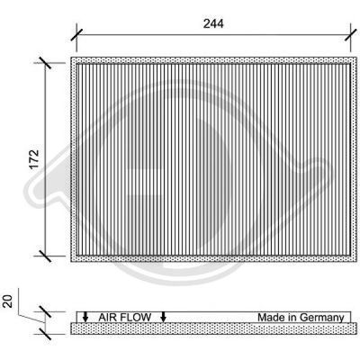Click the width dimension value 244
tap(213, 23)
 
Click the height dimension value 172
tap(34, 159)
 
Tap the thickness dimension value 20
tap(8, 301)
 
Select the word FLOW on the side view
tap(136, 318)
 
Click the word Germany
tap(321, 318)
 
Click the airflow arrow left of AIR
tap(85, 317)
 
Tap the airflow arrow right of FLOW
tap(163, 317)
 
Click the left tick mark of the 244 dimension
tap(76, 35)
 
